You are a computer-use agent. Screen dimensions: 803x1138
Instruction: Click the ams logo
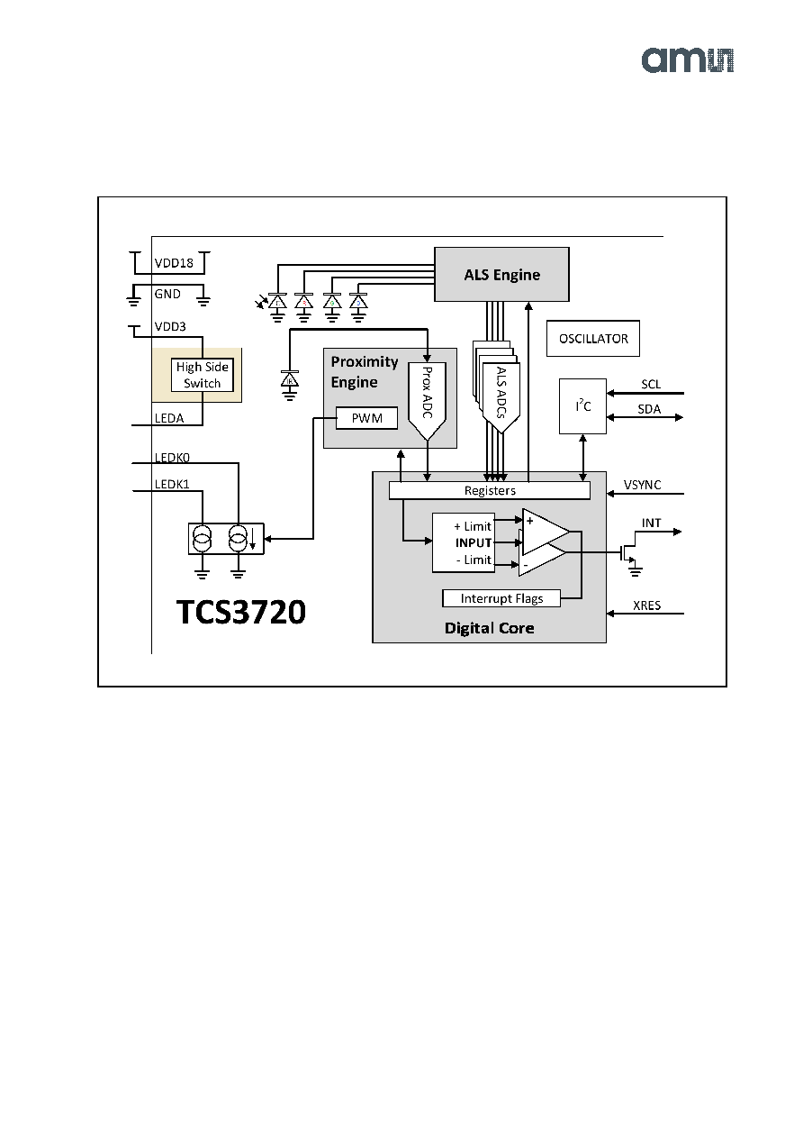tap(687, 60)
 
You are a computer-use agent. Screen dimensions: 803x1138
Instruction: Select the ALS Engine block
tap(501, 274)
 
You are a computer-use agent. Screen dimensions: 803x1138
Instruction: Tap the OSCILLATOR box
tap(593, 339)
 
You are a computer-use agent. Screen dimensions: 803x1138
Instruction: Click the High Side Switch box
tap(202, 375)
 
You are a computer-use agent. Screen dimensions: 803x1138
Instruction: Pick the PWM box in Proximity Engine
tap(366, 418)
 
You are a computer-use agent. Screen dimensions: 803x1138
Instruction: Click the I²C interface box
tap(582, 406)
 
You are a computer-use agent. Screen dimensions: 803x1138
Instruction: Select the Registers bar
tap(490, 490)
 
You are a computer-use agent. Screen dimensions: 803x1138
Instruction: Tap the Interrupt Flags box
tap(501, 598)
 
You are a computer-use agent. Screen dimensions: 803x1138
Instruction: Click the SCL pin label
tap(651, 384)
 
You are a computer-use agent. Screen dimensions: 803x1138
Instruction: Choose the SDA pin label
tap(649, 409)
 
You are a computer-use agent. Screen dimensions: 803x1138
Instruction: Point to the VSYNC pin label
tap(642, 485)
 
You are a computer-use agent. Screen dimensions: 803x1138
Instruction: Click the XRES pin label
tap(646, 605)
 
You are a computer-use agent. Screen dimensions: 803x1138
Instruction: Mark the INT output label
tap(651, 523)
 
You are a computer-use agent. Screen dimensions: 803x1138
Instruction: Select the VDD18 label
tap(174, 263)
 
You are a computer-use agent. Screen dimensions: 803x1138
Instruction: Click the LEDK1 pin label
tap(172, 484)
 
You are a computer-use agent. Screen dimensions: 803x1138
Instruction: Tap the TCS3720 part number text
tap(241, 612)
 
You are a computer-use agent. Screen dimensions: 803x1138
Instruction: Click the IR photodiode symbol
tap(290, 380)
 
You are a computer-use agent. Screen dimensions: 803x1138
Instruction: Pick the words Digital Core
tap(490, 628)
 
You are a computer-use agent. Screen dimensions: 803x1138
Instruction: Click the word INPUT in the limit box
tap(474, 542)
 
